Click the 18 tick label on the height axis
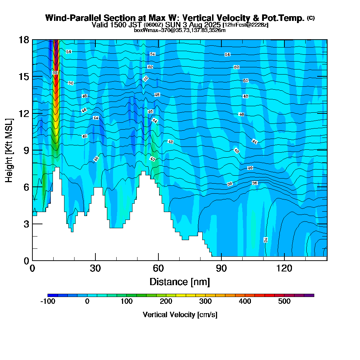coord(24,40)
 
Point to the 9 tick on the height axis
coord(32,150)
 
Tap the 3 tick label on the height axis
coord(26,224)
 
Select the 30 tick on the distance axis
coord(95,260)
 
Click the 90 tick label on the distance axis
coord(221,268)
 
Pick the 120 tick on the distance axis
coord(284,260)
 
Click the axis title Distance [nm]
coord(180,281)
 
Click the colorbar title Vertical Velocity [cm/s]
coord(180,315)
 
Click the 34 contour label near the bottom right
coord(266,240)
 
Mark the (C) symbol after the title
coord(311,18)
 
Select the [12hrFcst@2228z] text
coord(245,25)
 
